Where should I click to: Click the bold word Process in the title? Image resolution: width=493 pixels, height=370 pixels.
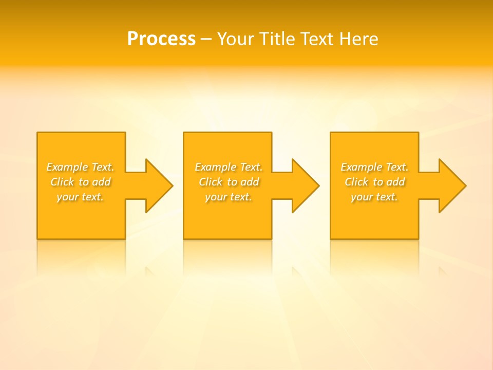pyautogui.click(x=161, y=39)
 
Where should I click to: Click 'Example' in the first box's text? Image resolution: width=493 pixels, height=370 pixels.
pyautogui.click(x=67, y=167)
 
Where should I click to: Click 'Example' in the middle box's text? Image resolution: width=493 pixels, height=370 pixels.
pyautogui.click(x=216, y=167)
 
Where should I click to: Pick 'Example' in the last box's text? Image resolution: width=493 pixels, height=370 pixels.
pyautogui.click(x=362, y=167)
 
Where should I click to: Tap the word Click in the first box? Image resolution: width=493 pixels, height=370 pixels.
pyautogui.click(x=62, y=182)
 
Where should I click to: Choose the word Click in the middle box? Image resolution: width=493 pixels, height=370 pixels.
pyautogui.click(x=211, y=182)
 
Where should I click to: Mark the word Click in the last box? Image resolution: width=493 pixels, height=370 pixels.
pyautogui.click(x=356, y=182)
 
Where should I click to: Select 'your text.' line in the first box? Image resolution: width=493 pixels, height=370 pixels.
pyautogui.click(x=80, y=197)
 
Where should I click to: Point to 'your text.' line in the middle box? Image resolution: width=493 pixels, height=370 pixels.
pyautogui.click(x=229, y=197)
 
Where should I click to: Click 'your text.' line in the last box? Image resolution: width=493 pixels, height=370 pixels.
pyautogui.click(x=374, y=197)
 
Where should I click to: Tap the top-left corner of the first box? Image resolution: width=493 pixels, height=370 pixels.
pyautogui.click(x=38, y=133)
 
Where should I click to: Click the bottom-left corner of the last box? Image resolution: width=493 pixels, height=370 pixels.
pyautogui.click(x=331, y=238)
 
